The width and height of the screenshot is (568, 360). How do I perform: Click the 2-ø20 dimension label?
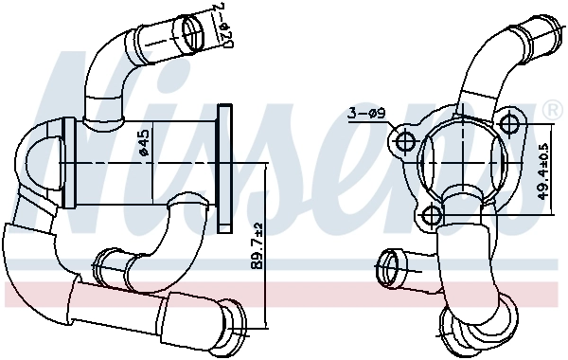(223, 27)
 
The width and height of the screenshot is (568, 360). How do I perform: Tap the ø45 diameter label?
(143, 145)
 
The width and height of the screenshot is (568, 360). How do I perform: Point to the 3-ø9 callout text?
(365, 115)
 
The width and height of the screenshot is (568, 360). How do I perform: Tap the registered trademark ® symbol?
(550, 112)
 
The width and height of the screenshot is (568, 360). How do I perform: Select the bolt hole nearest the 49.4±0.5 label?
(512, 124)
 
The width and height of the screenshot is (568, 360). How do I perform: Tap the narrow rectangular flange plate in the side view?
(224, 167)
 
